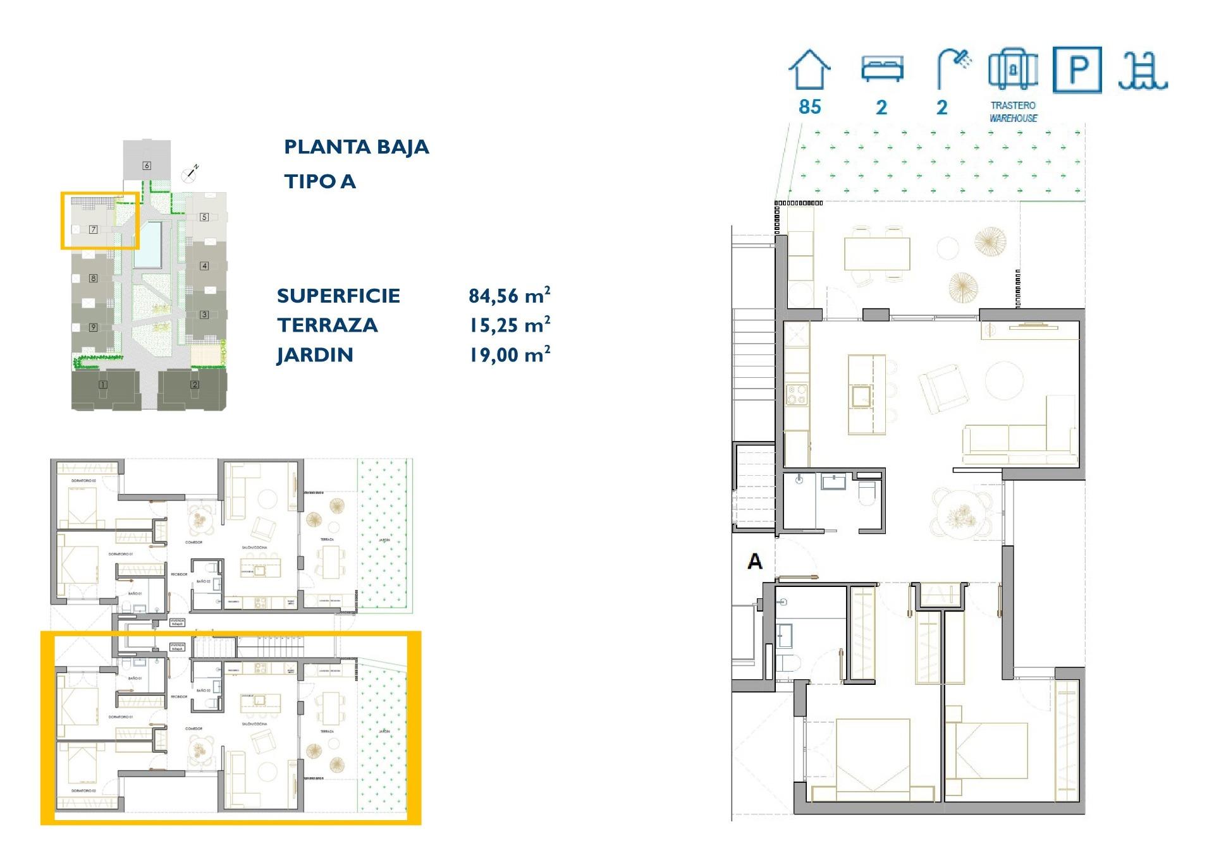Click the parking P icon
point(1077,69)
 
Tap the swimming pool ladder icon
point(1143,71)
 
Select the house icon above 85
point(809,69)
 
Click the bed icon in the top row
point(882,68)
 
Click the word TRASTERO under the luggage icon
point(1013,106)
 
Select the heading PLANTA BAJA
point(356,147)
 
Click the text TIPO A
point(320,182)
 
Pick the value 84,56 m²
point(509,295)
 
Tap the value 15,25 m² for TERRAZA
point(509,325)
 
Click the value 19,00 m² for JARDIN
point(509,354)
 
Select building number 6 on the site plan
point(147,166)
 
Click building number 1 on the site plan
point(103,384)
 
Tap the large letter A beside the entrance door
point(754,561)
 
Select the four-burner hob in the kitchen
point(797,395)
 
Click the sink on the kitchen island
point(861,396)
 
